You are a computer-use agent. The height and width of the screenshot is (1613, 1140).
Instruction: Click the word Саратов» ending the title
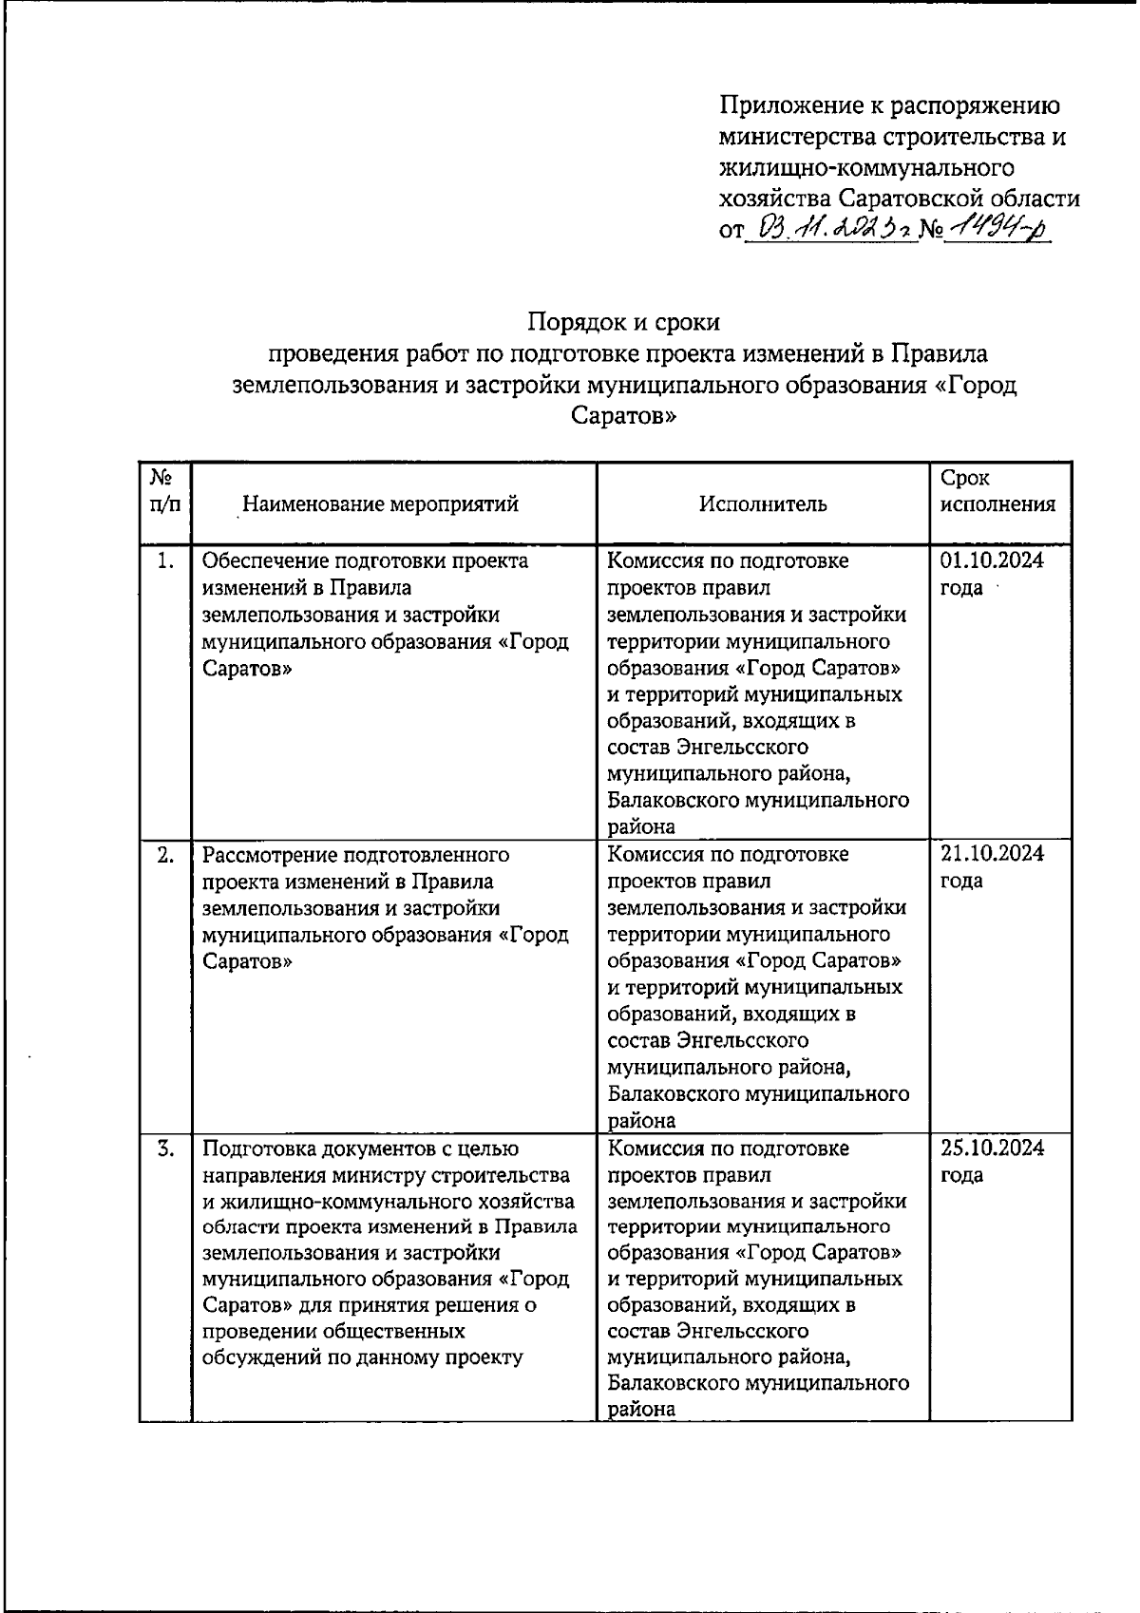(624, 416)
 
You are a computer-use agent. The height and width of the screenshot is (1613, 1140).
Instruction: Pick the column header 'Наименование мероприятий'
(380, 503)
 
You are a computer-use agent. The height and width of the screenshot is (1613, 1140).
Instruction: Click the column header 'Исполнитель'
(763, 503)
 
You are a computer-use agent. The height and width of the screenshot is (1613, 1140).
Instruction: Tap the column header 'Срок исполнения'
(997, 491)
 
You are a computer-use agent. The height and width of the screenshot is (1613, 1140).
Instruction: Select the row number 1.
(165, 561)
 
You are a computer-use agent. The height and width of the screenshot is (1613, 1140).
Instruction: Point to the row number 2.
(165, 854)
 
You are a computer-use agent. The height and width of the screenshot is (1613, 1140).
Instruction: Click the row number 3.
(165, 1148)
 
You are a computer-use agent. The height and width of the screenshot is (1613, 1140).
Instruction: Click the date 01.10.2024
(992, 560)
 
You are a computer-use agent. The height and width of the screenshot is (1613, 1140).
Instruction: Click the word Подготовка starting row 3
(256, 1148)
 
